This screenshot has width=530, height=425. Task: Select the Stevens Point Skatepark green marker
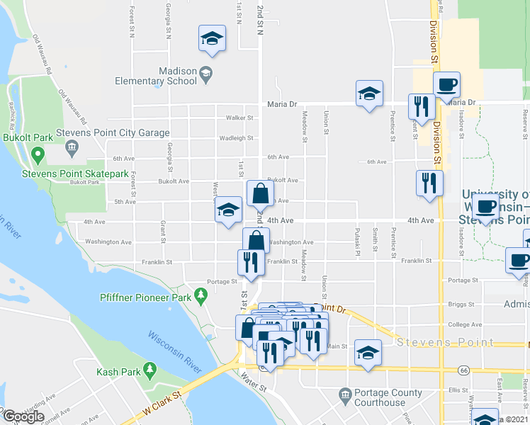(38, 154)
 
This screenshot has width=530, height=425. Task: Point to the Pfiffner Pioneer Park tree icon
(201, 293)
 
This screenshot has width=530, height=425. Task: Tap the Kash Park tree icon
(150, 368)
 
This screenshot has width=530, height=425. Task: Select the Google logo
(23, 416)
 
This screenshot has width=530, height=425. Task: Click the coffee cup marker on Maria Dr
(446, 86)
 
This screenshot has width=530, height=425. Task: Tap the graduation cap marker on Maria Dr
(368, 94)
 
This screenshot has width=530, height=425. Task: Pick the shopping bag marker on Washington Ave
(256, 241)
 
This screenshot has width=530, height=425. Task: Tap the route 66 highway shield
(463, 370)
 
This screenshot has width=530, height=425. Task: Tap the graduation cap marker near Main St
(368, 353)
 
